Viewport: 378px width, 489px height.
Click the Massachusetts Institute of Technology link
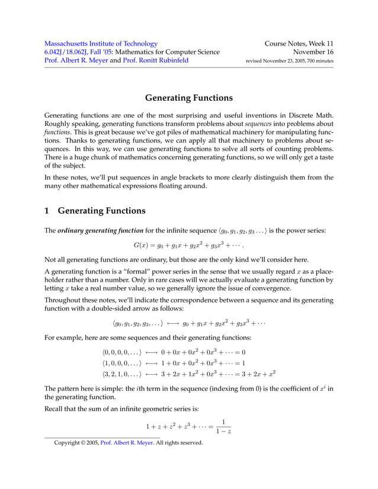click(101, 43)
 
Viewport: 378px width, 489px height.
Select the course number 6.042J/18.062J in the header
click(69, 52)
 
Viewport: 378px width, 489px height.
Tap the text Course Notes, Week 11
click(299, 43)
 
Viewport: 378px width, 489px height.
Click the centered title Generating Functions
click(189, 97)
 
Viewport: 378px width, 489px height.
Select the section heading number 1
click(48, 210)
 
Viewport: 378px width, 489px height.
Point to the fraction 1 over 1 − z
click(223, 427)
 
